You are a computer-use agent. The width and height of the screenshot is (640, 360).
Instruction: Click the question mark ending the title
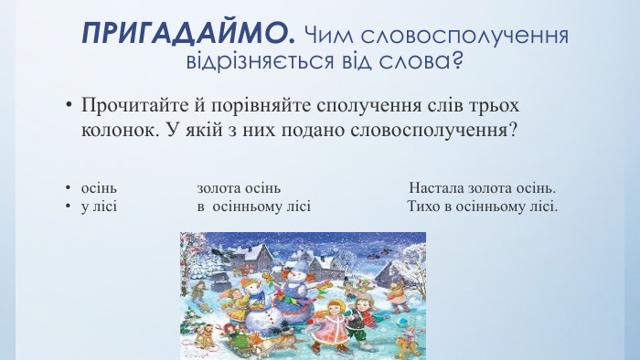[454, 63]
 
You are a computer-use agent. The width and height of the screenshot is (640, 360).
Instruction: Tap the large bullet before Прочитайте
[68, 105]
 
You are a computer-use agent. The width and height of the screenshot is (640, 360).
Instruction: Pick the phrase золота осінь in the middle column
[232, 188]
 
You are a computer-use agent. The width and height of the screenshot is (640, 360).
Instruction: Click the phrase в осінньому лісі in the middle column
[254, 206]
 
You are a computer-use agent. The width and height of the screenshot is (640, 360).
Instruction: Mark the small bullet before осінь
[68, 189]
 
